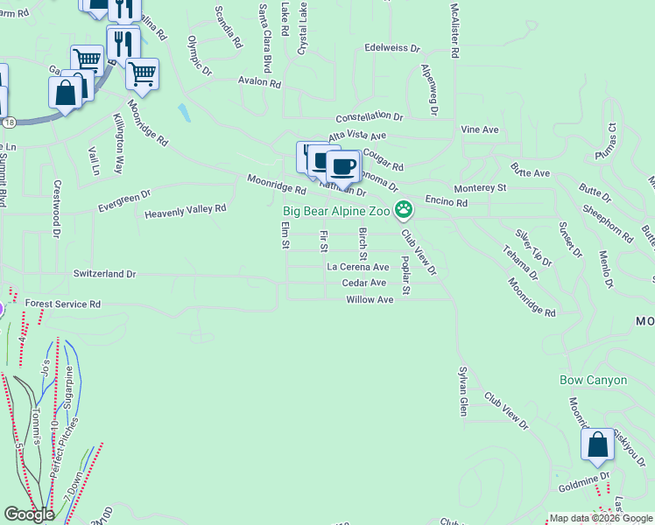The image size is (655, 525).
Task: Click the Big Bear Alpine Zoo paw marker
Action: pos(404,209)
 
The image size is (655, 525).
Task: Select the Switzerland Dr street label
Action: pos(105,274)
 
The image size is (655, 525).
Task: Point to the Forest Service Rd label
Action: pos(63,304)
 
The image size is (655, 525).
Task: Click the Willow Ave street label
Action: pos(370,299)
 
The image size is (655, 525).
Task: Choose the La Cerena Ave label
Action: pos(357,267)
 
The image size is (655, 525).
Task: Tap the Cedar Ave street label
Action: pos(364,283)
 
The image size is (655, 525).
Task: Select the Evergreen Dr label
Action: pos(124,200)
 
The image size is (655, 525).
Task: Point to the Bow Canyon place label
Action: pos(594,380)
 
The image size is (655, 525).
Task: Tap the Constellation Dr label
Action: pos(370,116)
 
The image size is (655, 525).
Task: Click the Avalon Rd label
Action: pos(259,83)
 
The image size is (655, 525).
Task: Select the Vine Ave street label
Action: pos(480,129)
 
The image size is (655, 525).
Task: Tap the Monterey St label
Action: pos(480,188)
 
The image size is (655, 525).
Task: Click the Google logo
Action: pos(30,514)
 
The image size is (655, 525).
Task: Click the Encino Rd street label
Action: pos(447,201)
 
